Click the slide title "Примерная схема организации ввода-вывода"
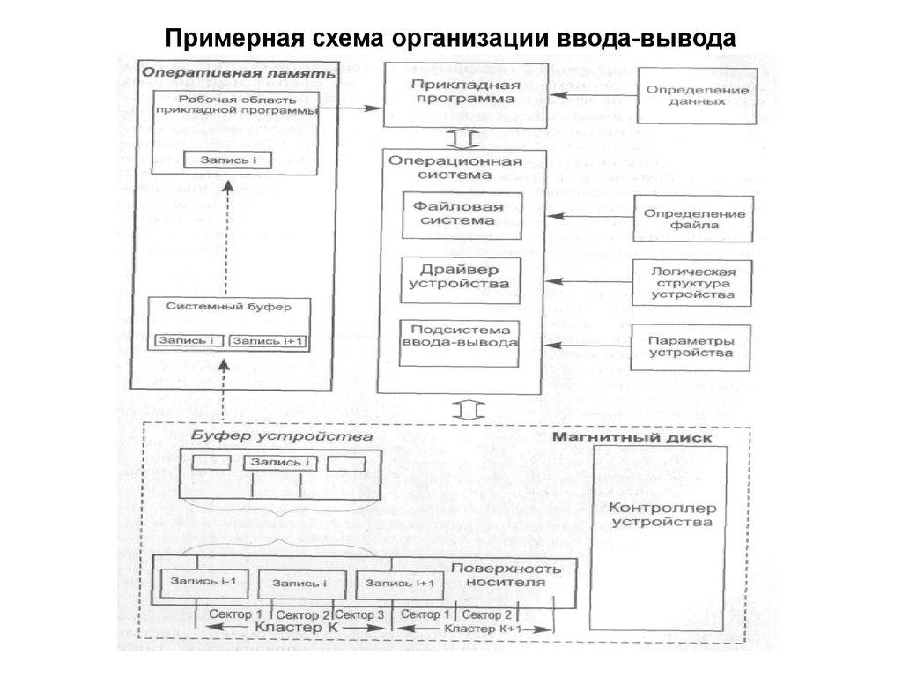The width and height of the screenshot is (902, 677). (450, 40)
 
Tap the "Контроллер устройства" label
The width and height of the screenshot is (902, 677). (662, 515)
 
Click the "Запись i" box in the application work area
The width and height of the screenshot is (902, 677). (226, 160)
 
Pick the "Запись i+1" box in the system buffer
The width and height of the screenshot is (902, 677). (268, 340)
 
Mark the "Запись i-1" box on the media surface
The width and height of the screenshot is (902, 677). (203, 582)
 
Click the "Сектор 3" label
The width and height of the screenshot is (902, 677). (359, 614)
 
